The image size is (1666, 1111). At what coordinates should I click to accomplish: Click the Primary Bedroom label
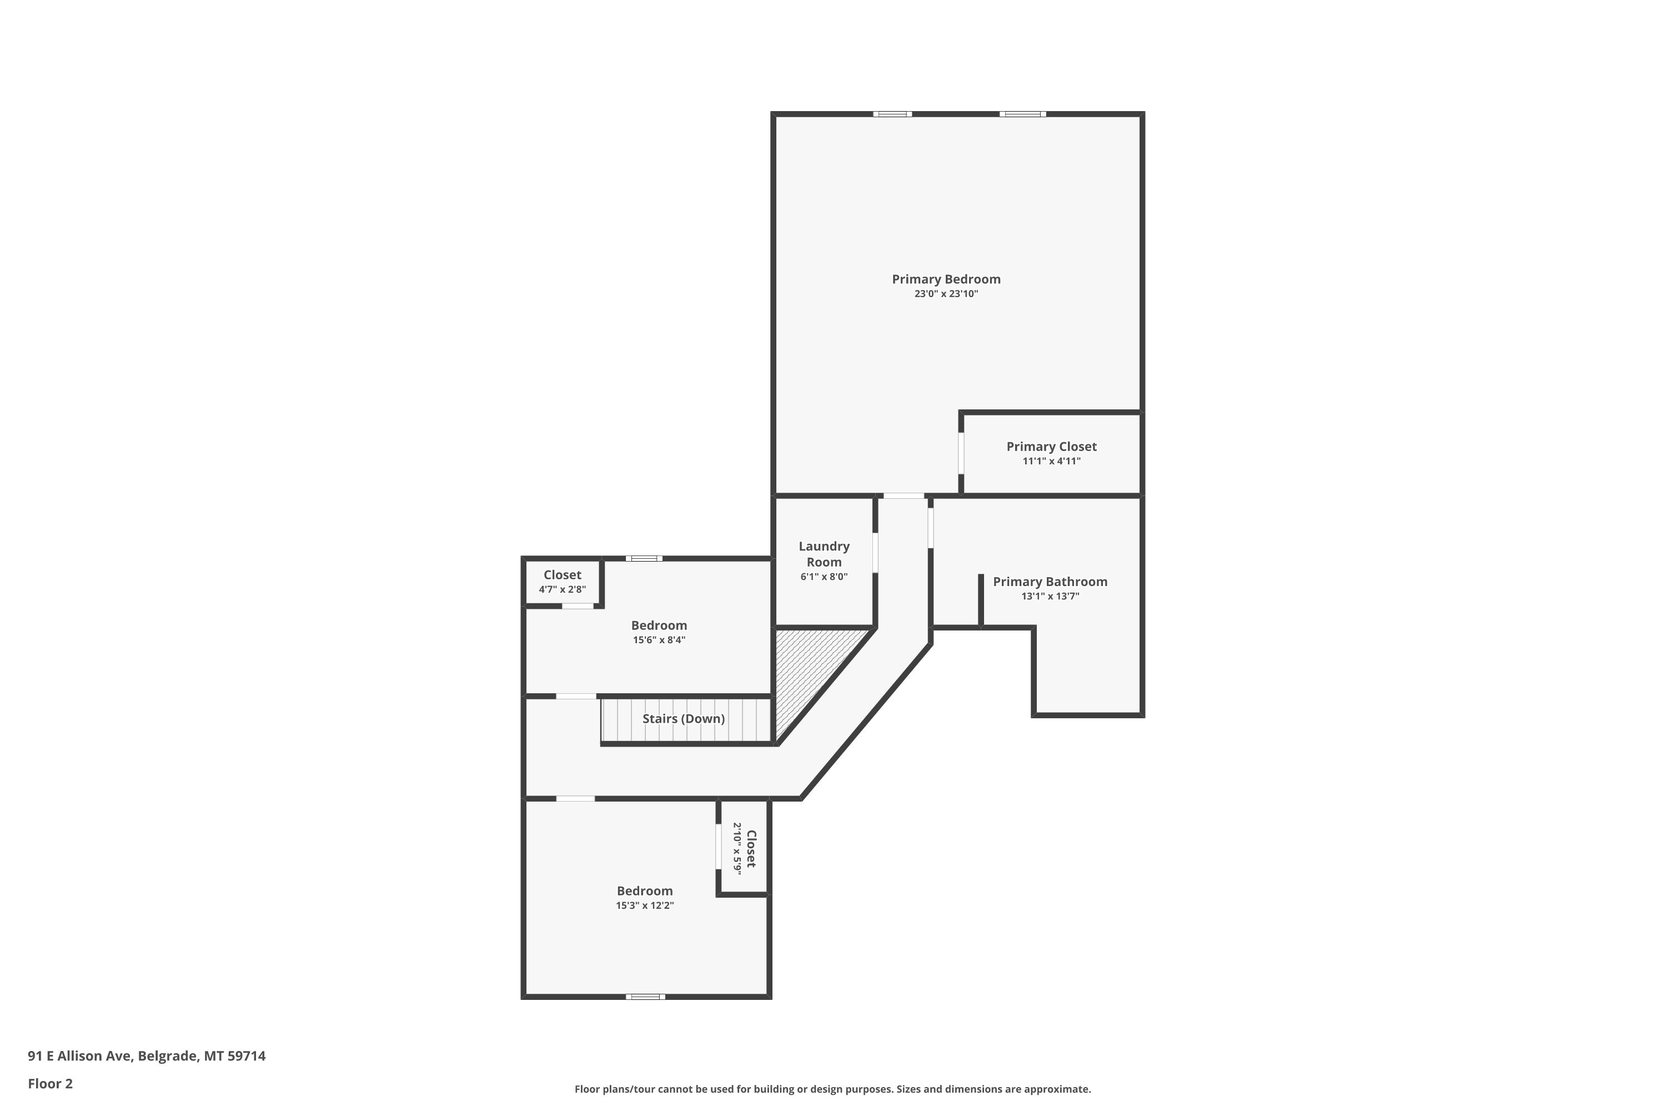(x=946, y=279)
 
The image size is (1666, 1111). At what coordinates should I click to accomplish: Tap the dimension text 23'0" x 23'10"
(x=946, y=294)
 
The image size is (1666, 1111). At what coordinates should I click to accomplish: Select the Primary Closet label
(x=1051, y=447)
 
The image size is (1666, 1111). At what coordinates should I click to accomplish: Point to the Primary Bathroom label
(x=1050, y=582)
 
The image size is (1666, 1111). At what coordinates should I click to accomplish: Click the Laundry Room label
(x=824, y=554)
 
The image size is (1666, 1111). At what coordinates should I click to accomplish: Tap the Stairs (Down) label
(x=684, y=718)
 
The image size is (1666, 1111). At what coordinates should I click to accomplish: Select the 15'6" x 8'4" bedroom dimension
(x=659, y=640)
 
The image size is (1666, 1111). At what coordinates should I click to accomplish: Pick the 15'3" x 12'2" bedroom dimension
(x=645, y=905)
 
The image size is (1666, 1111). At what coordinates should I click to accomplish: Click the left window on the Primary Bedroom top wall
(x=892, y=114)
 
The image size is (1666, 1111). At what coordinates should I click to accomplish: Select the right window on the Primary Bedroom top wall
(x=1022, y=114)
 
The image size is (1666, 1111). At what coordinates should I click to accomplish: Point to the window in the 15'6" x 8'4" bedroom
(x=644, y=558)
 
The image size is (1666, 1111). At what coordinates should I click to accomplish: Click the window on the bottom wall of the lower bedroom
(x=645, y=997)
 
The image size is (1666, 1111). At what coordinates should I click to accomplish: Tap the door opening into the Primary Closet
(x=961, y=453)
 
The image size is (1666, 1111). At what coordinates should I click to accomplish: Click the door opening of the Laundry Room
(x=876, y=553)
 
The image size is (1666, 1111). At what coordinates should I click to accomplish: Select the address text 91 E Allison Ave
(x=79, y=1056)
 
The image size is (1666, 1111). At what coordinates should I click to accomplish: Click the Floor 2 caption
(x=51, y=1083)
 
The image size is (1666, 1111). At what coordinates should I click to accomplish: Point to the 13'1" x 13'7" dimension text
(x=1050, y=597)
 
